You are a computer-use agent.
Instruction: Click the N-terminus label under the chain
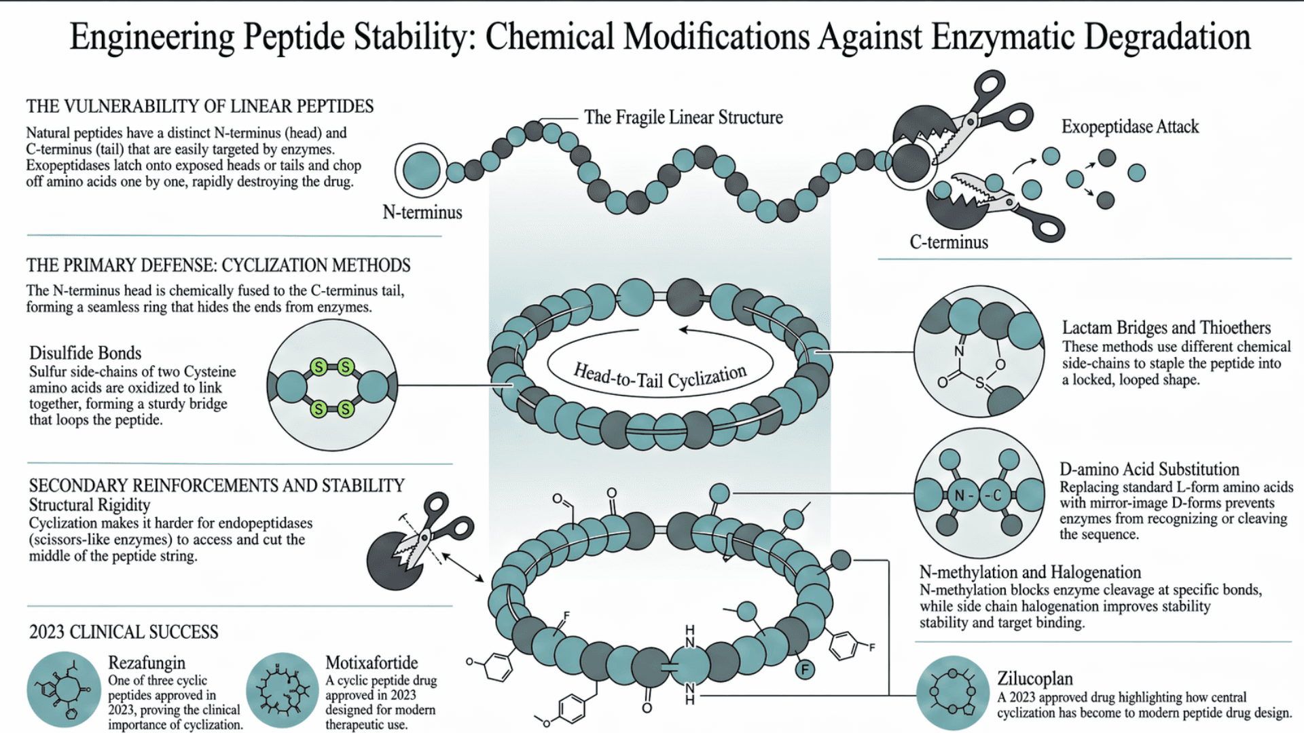pos(422,212)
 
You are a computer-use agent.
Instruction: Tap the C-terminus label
pos(948,242)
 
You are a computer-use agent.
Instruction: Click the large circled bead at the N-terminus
pos(421,170)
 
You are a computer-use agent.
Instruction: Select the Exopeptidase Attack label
pos(1129,127)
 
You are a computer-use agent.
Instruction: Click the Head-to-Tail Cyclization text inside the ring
pos(659,375)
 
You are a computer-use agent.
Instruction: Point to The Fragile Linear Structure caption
pos(683,117)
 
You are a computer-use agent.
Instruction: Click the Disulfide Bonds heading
pos(85,353)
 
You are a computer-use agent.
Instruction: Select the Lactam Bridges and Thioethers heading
pos(1165,328)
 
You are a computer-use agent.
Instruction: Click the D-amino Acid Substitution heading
pos(1148,469)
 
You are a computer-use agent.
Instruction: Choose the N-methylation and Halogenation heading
pos(1030,572)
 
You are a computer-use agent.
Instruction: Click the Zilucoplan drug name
pos(1034,678)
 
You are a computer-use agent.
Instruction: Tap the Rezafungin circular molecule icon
pos(64,690)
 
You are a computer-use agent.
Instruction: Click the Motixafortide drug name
pos(372,662)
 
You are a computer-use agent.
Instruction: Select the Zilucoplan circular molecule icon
pos(952,692)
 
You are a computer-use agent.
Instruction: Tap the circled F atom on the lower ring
pos(805,670)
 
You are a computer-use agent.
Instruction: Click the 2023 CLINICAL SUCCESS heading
pos(124,632)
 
